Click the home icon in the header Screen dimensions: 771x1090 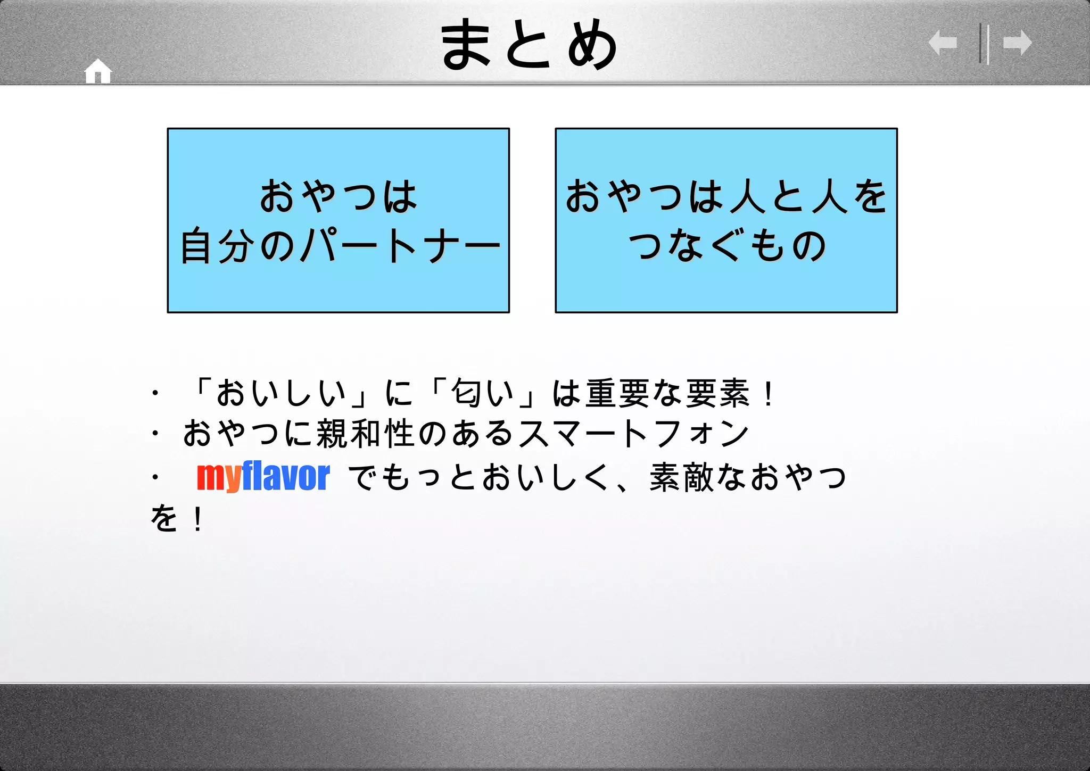pyautogui.click(x=98, y=71)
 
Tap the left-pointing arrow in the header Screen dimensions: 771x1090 pyautogui.click(x=943, y=43)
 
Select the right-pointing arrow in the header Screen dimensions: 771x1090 pyautogui.click(x=1017, y=43)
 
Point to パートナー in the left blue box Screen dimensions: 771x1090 pyautogui.click(x=400, y=246)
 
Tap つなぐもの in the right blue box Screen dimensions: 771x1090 pyautogui.click(x=727, y=246)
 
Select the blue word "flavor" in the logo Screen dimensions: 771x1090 pyautogui.click(x=286, y=476)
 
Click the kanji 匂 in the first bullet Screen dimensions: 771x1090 pyautogui.click(x=466, y=394)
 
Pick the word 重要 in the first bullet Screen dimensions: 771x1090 pyautogui.click(x=619, y=394)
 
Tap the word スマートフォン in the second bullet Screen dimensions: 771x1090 pyautogui.click(x=633, y=434)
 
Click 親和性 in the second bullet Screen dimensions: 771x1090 pyautogui.click(x=365, y=434)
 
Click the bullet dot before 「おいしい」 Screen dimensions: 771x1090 pyautogui.click(x=155, y=394)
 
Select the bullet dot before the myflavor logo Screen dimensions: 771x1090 pyautogui.click(x=155, y=477)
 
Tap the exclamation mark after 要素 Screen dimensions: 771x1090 pyautogui.click(x=768, y=394)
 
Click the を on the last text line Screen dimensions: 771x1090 pyautogui.click(x=164, y=518)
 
